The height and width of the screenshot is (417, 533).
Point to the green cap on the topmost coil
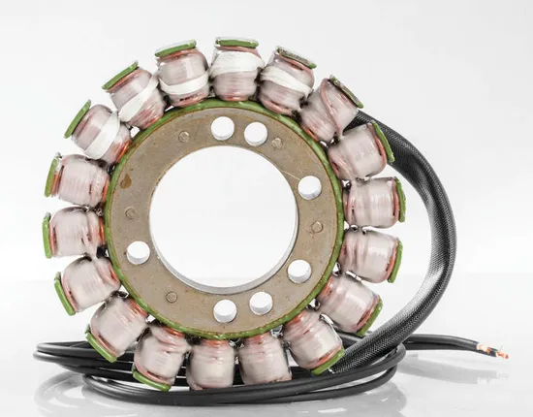[237, 43]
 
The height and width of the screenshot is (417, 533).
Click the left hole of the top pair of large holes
[222, 128]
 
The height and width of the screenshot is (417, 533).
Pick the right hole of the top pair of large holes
[256, 133]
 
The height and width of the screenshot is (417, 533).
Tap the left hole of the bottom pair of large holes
[225, 310]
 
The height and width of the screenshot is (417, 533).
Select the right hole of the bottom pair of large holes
[261, 304]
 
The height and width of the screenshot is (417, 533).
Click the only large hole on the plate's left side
[139, 252]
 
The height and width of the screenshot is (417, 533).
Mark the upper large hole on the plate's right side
[310, 187]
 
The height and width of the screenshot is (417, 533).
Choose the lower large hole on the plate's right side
[300, 271]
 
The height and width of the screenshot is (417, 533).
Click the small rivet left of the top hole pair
[184, 137]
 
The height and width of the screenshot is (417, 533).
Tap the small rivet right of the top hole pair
[277, 144]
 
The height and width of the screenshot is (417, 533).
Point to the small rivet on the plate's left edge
[131, 212]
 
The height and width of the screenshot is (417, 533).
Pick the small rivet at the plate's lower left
[172, 297]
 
